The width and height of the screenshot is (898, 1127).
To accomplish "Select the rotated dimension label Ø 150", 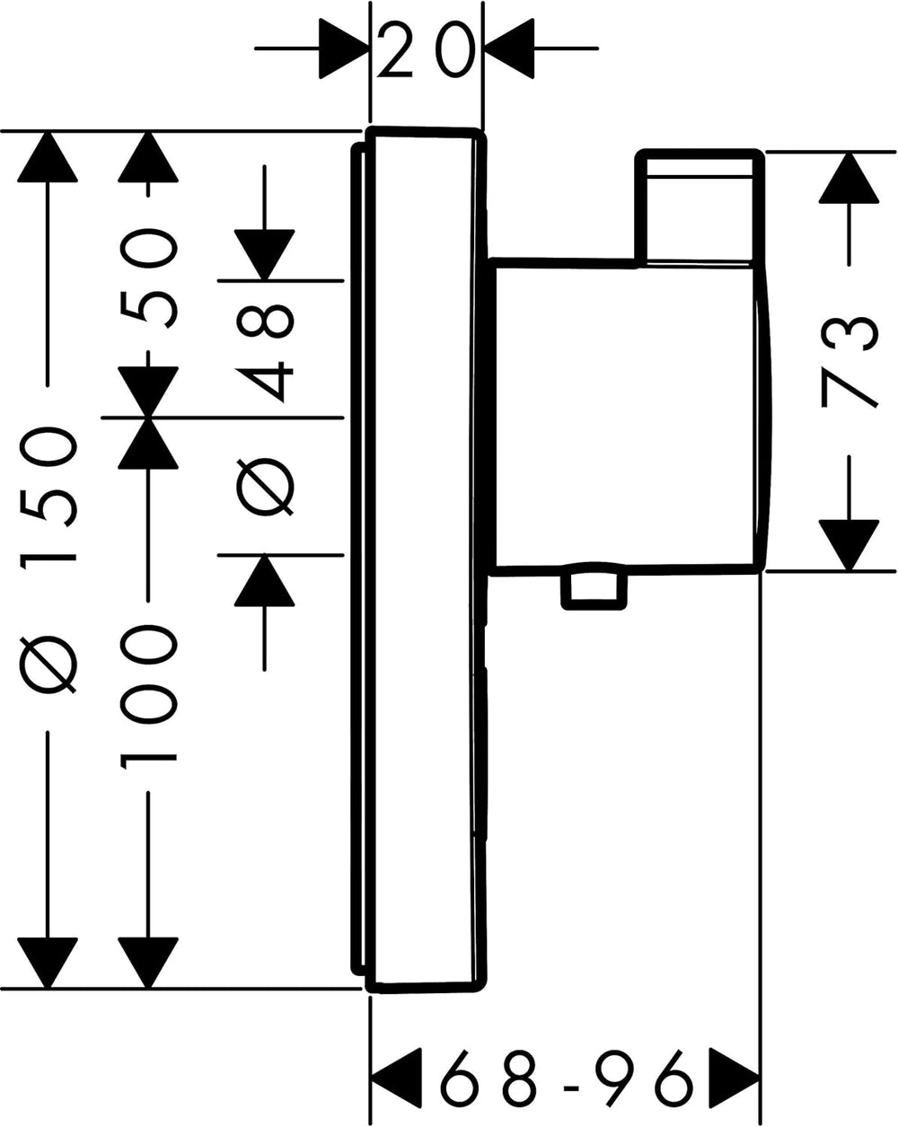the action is pyautogui.click(x=48, y=559).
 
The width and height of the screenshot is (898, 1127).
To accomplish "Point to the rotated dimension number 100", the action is pyautogui.click(x=149, y=698).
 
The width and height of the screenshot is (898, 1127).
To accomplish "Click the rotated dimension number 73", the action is pyautogui.click(x=849, y=362).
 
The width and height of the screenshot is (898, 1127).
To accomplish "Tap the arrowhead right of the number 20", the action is pyautogui.click(x=508, y=48).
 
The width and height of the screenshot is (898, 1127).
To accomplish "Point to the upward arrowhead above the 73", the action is pyautogui.click(x=849, y=178).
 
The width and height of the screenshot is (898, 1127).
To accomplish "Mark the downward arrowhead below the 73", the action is pyautogui.click(x=849, y=545).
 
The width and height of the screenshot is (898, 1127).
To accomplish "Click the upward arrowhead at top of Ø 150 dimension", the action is pyautogui.click(x=48, y=157).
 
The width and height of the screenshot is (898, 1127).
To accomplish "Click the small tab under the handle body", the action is pyautogui.click(x=594, y=590).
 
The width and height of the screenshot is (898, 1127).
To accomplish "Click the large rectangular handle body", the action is pyautogui.click(x=629, y=418).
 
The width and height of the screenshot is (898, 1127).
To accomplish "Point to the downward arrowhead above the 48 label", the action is pyautogui.click(x=264, y=255).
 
